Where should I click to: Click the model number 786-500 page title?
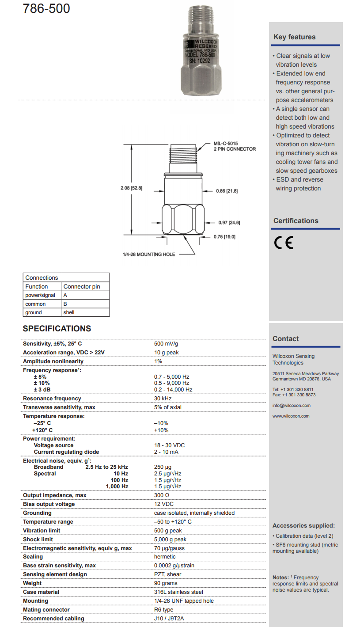coord(46,8)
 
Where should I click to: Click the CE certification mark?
coord(284,243)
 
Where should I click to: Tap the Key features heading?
coord(294,37)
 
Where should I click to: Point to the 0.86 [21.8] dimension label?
coord(227,191)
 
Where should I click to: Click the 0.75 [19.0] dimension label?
coord(224,237)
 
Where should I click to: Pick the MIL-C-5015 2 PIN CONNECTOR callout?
coord(235,146)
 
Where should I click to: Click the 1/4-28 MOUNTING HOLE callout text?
coord(149,255)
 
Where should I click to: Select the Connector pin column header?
coord(82,286)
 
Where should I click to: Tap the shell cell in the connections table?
coord(69,312)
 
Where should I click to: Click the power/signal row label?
coord(40,295)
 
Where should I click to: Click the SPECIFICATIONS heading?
coord(57,329)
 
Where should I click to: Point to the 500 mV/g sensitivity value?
coord(166,344)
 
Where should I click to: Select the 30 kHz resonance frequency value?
coord(163,399)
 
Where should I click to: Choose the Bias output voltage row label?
coord(49,504)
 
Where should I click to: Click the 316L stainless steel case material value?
coord(178,592)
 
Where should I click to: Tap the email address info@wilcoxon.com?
coord(291,406)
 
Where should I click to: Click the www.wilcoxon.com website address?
coord(291,416)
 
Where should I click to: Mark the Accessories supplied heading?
coord(303,526)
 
